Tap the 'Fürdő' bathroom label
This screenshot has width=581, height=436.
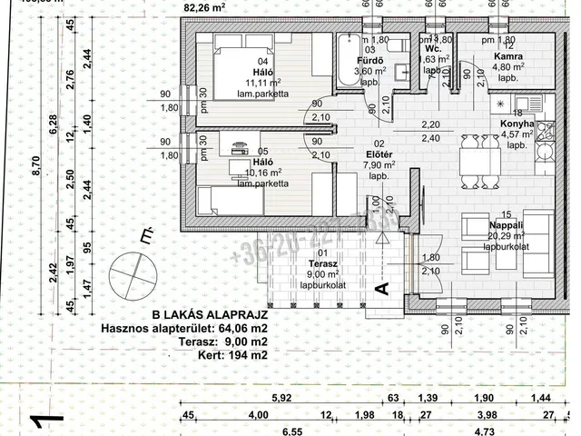click(x=362, y=61)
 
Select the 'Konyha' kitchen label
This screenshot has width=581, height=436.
click(x=516, y=126)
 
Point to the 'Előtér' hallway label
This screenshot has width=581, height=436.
click(x=377, y=154)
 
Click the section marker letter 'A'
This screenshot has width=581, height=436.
click(x=382, y=288)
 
